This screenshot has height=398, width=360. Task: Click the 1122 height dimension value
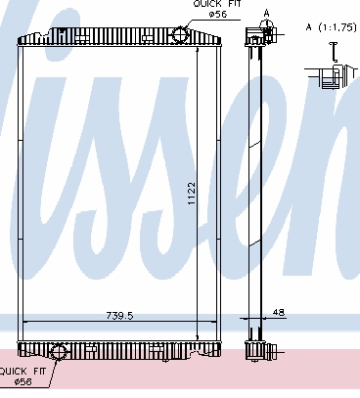pos(192,194)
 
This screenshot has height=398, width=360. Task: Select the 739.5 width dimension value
pos(119,316)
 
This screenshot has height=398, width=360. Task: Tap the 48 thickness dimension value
pos(278,312)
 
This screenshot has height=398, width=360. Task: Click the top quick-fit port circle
pos(180,34)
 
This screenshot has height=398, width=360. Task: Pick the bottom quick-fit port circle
pos(59,352)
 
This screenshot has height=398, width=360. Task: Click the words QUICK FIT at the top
pos(217,4)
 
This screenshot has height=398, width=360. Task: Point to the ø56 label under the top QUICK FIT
pos(218,14)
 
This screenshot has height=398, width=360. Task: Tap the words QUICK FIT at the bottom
pos(22,372)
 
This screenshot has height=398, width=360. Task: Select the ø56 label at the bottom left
pos(23,381)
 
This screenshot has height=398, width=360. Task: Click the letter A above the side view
pos(267,14)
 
